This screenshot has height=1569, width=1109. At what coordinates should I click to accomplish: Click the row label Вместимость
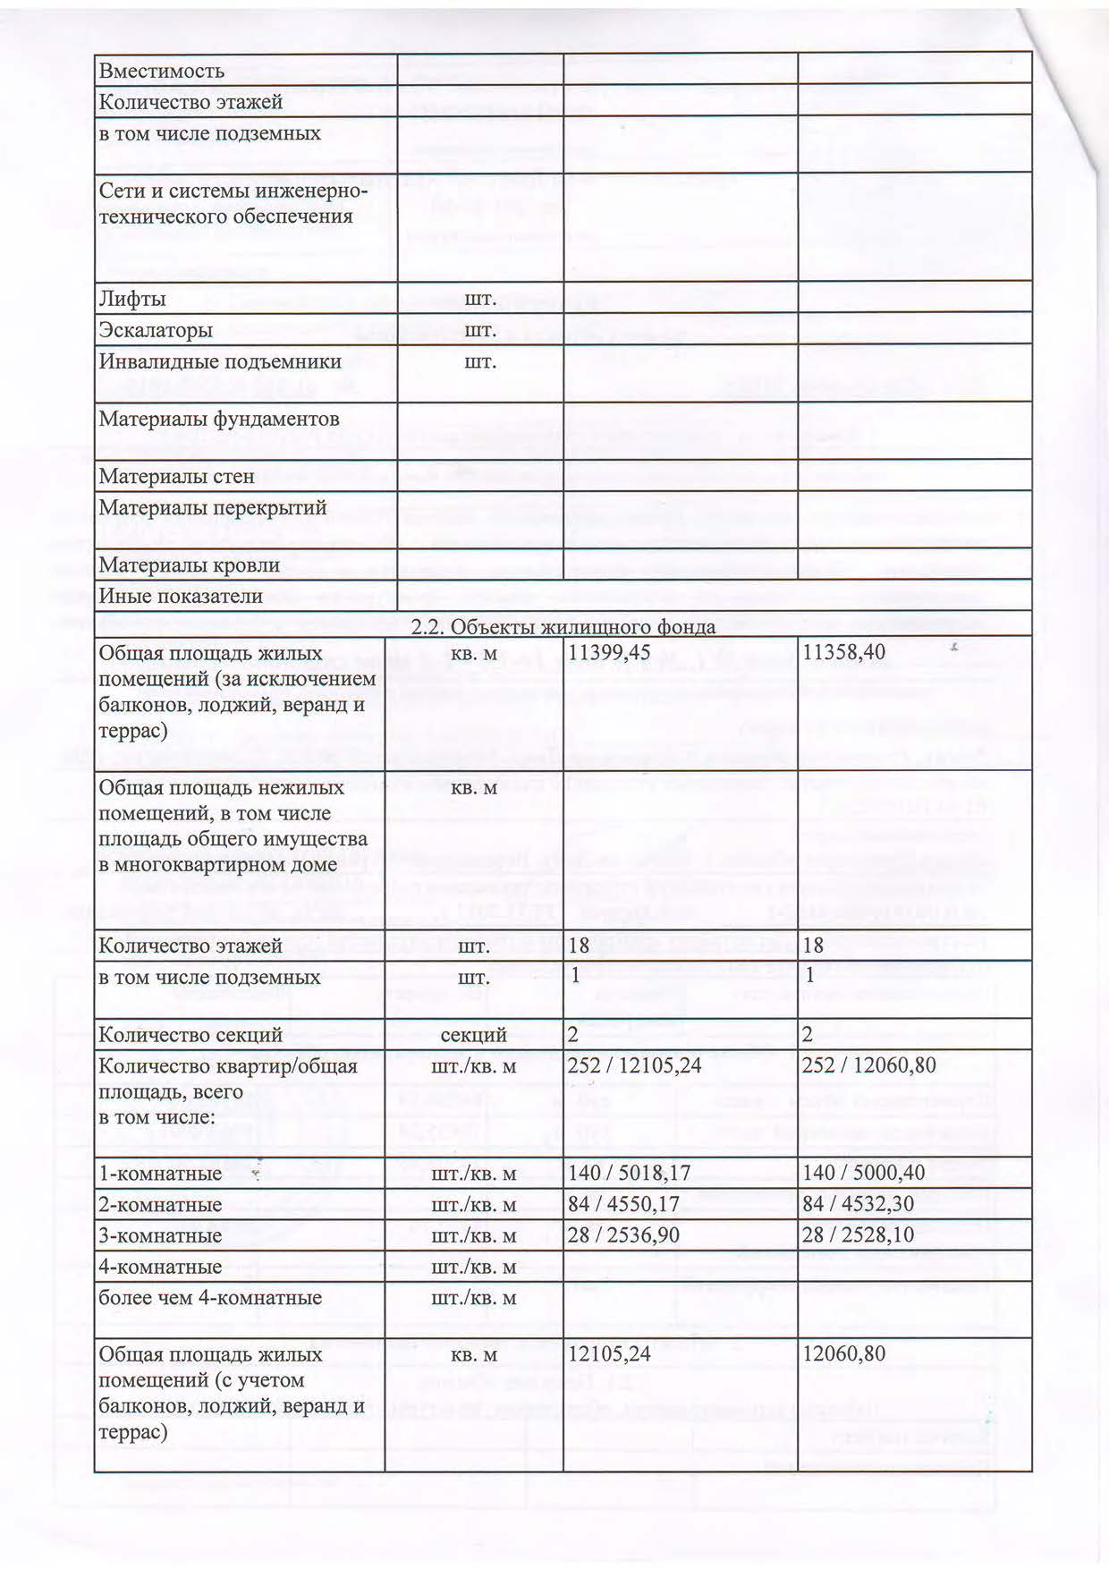(x=161, y=71)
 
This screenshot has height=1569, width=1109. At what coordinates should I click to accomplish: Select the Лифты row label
(x=131, y=299)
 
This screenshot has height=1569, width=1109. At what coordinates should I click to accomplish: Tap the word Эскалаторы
(x=155, y=330)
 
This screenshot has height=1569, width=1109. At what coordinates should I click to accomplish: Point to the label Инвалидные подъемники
(x=219, y=361)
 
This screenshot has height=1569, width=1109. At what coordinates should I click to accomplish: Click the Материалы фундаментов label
(x=218, y=419)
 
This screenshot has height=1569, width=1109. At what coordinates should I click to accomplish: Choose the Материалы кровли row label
(x=189, y=565)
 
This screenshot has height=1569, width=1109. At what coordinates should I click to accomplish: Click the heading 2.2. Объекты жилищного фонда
(x=563, y=626)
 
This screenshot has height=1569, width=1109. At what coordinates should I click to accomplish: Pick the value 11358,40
(x=843, y=653)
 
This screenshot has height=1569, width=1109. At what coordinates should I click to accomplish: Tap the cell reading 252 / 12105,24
(x=634, y=1065)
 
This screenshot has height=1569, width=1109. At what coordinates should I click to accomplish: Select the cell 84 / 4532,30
(x=858, y=1204)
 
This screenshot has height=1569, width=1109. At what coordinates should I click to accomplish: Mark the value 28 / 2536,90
(x=623, y=1235)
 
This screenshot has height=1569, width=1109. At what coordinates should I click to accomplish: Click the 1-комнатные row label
(x=160, y=1173)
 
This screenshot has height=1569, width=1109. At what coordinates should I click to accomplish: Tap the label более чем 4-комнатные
(x=209, y=1298)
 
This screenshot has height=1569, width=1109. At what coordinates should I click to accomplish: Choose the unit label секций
(x=473, y=1035)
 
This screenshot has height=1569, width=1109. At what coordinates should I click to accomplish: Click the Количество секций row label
(x=190, y=1035)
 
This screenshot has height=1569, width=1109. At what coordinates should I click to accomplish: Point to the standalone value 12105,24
(x=609, y=1354)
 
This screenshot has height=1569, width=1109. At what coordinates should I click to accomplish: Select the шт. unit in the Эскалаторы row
(x=479, y=330)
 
